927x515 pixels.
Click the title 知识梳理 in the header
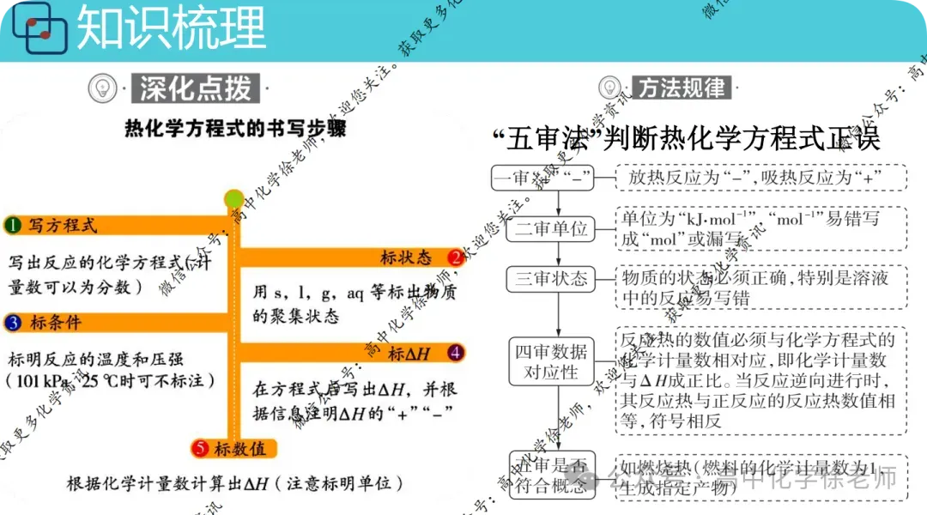(171, 27)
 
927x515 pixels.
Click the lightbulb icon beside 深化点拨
(102, 88)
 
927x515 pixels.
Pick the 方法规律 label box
(682, 88)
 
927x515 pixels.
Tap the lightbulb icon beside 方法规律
(610, 88)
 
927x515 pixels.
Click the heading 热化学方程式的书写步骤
(235, 130)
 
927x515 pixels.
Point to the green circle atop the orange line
(233, 199)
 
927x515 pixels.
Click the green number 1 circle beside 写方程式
(12, 226)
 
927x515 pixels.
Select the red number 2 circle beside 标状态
(455, 257)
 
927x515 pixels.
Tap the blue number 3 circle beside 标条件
(12, 323)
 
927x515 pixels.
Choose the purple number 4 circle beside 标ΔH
(455, 352)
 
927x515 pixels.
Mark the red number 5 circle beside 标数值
(201, 448)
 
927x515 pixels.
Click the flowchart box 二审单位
(552, 229)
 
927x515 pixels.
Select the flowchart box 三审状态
(552, 278)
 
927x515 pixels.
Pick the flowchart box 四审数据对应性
(552, 361)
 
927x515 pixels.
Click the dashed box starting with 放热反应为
(760, 179)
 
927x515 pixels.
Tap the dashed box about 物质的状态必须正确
(760, 287)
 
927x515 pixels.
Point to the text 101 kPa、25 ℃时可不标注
(110, 379)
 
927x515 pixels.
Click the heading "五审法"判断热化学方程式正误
(687, 138)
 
